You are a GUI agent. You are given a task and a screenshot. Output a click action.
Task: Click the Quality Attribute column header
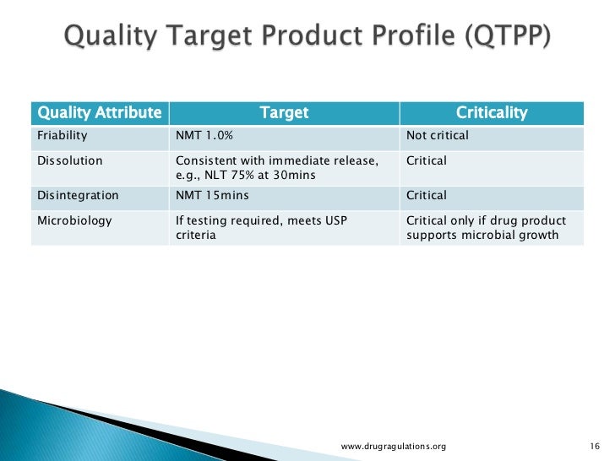click(97, 112)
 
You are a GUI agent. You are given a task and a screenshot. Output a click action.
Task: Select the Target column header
click(283, 112)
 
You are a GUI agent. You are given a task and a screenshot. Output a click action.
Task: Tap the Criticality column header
click(491, 112)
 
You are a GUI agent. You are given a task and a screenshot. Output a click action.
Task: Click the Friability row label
click(62, 135)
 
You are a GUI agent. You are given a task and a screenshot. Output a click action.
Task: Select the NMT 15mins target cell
click(212, 195)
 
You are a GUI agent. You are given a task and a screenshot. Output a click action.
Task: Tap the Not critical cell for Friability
click(437, 135)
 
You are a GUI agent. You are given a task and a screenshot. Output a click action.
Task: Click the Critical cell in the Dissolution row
click(427, 160)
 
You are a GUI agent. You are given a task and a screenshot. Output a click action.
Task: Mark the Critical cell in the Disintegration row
click(427, 195)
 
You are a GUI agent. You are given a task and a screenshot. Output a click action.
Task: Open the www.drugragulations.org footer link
click(393, 445)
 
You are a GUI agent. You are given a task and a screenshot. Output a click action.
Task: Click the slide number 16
click(592, 445)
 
